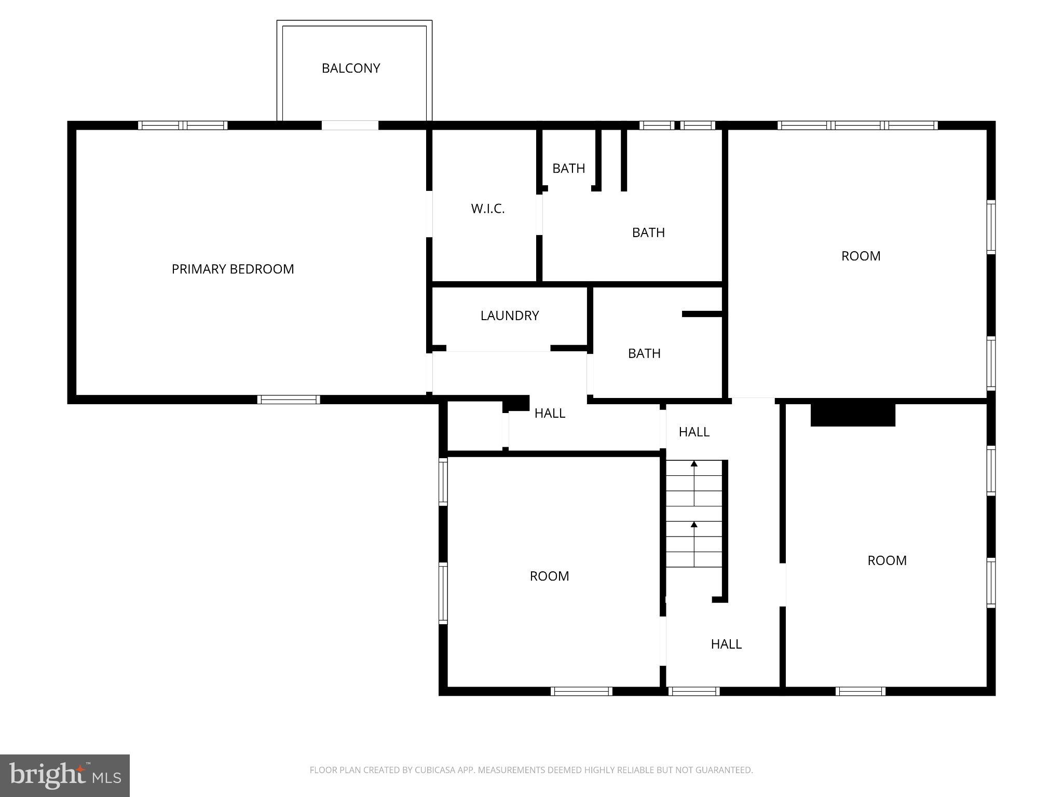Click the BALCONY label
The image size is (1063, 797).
(351, 68)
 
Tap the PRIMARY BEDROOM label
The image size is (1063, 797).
(233, 269)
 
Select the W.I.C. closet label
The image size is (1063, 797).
(487, 209)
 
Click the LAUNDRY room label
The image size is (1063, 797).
(509, 315)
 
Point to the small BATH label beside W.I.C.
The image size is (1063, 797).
(568, 168)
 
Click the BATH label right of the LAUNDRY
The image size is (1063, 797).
(644, 353)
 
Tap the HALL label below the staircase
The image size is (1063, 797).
(726, 644)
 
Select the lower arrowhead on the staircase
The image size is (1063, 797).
(694, 525)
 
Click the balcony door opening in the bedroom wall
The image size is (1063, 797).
(350, 125)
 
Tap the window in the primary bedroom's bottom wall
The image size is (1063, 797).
(289, 399)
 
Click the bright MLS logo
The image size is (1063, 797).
(65, 775)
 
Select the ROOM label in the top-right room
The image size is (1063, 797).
(861, 256)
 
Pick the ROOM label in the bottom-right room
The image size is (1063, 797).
(887, 560)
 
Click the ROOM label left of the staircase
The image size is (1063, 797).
(549, 576)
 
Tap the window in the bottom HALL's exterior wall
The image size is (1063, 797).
(694, 691)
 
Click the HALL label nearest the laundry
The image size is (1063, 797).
(550, 413)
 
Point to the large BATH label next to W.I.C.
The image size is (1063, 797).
(648, 232)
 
